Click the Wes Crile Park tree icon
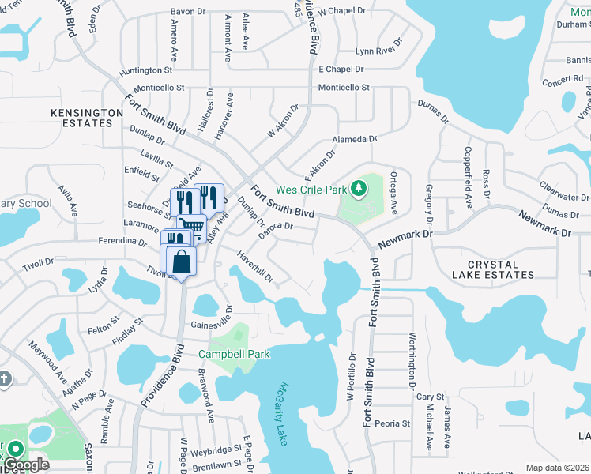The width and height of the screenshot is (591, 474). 359,188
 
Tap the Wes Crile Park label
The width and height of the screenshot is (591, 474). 311,190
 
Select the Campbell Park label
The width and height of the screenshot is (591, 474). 234,354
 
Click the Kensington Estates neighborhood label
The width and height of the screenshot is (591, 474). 88,118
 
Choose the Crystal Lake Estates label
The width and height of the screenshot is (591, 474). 493,269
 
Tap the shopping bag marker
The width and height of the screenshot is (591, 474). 182,261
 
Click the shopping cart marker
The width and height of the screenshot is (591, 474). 192,228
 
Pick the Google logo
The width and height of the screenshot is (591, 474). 27,464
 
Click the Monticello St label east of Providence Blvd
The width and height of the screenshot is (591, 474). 344,88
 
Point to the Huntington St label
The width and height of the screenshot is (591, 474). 146,70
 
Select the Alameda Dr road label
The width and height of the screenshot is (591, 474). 355,139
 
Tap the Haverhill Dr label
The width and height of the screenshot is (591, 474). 256,266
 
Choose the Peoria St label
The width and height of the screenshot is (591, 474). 393,423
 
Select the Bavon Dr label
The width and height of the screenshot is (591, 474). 188,12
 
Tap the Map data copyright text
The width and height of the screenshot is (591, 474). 557,468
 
